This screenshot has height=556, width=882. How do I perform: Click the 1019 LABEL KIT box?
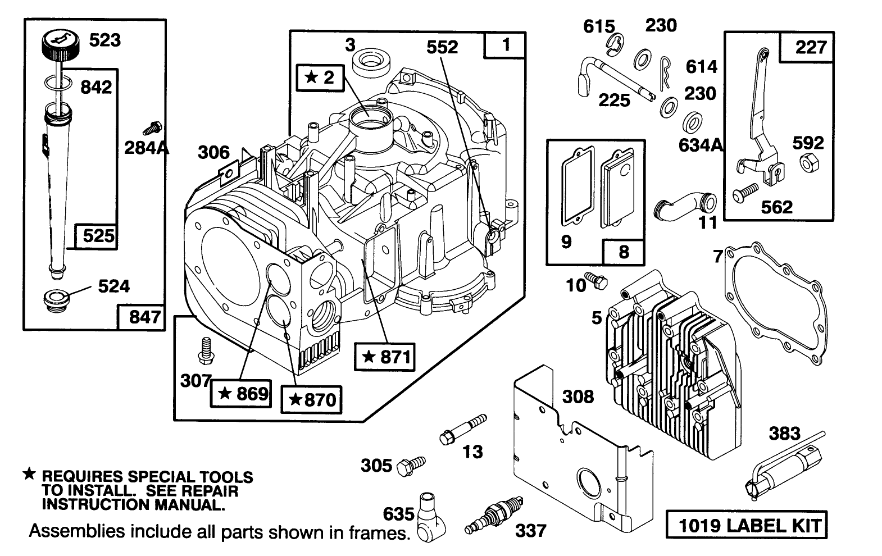click(747, 526)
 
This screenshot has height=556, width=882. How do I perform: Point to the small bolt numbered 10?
click(597, 279)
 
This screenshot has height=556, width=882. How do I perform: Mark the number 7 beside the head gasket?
click(717, 256)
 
